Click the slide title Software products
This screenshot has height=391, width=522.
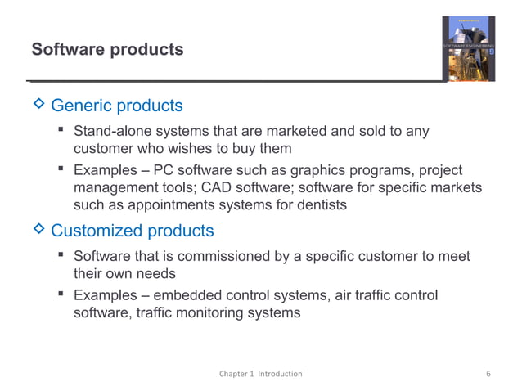pos(107,50)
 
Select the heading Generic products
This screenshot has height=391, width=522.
pos(117,106)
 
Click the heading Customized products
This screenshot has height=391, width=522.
pos(133,231)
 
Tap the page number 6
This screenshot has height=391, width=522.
pos(488,374)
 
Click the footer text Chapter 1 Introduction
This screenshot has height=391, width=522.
pos(260,374)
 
